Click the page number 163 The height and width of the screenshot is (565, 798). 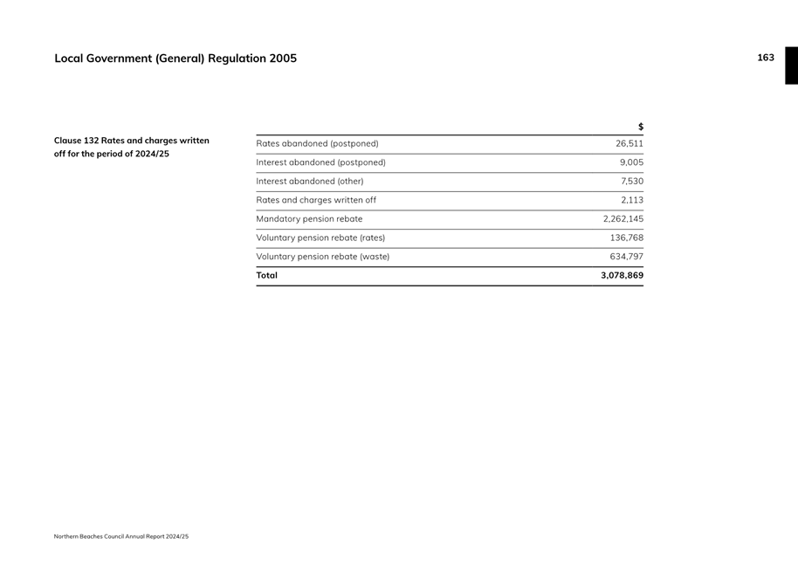coord(765,58)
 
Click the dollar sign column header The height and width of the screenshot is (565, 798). coord(640,127)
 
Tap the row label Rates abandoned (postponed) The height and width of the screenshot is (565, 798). coord(317,143)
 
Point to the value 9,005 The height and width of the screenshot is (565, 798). coord(631,162)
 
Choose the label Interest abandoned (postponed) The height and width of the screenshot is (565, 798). coord(320,162)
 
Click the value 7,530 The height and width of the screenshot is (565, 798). coord(631,182)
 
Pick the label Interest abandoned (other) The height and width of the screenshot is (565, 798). coord(309,182)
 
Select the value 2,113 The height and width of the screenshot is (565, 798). coord(632,200)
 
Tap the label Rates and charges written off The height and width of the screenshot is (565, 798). coord(315,200)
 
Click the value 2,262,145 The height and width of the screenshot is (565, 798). coord(623,219)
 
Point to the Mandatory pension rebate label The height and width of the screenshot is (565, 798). coord(309,219)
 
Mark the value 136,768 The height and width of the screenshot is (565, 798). coord(626,238)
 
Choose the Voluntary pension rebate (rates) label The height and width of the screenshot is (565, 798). coord(320,238)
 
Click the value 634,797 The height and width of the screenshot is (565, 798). coord(626,257)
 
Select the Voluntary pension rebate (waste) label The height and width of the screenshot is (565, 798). coord(322,257)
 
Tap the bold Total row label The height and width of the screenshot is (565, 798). coord(266,275)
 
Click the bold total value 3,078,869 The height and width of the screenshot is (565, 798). coord(622,275)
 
